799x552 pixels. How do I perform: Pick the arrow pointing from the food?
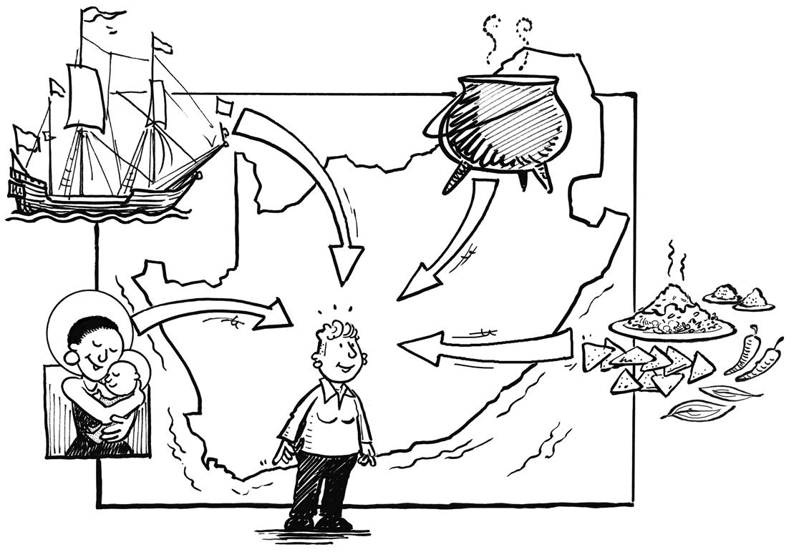click(x=487, y=347)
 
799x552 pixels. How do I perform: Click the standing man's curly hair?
click(x=336, y=336)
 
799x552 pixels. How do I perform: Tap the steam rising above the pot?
click(x=508, y=36)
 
